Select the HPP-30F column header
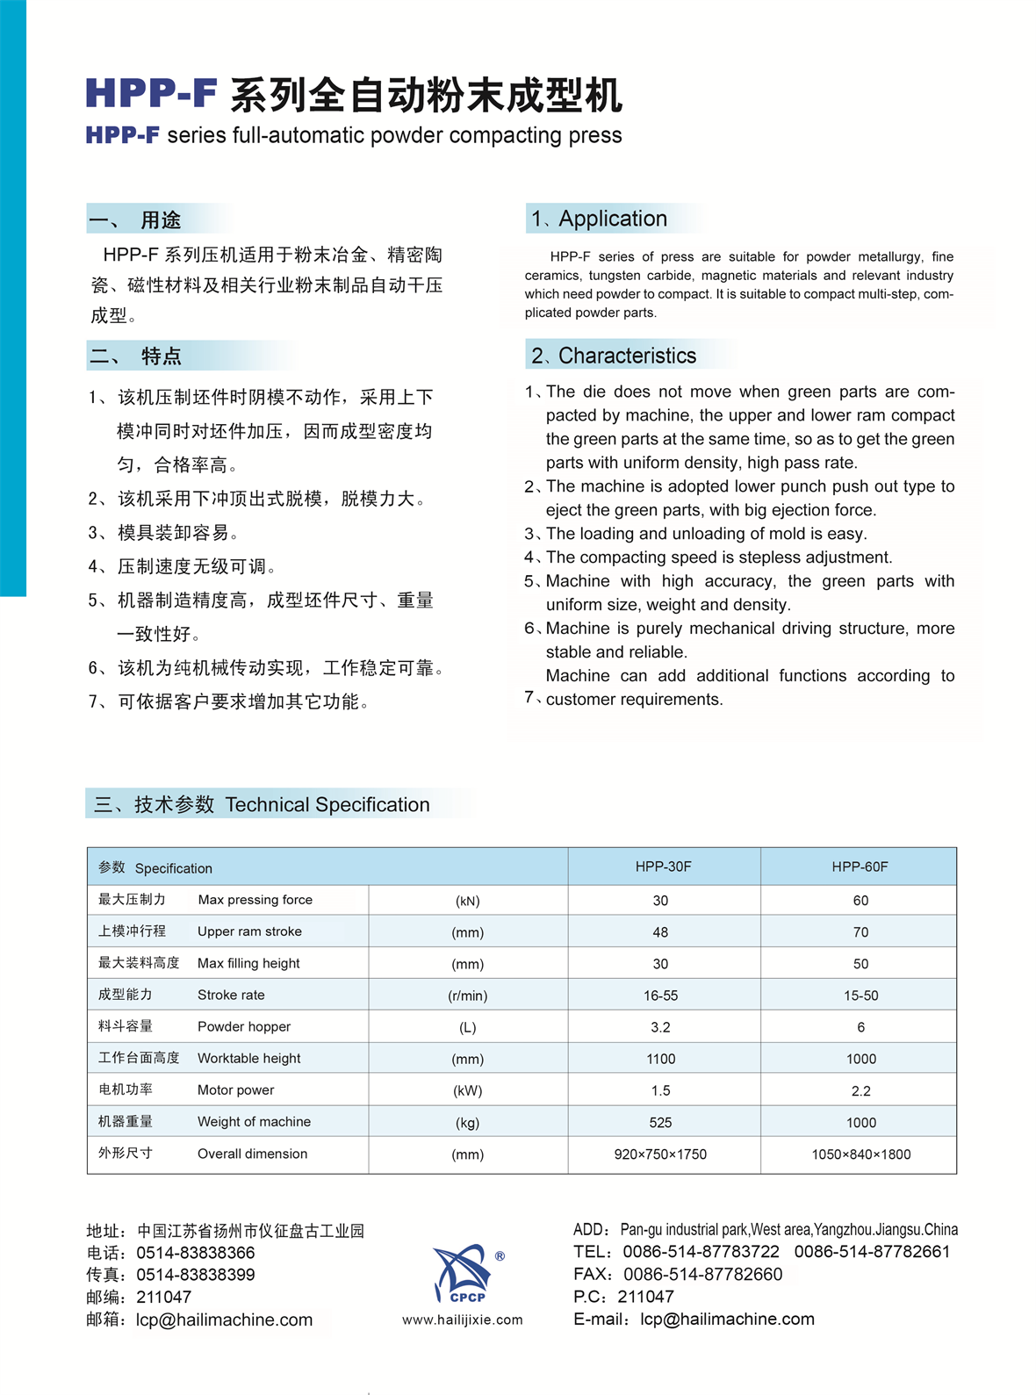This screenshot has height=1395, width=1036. coord(663,866)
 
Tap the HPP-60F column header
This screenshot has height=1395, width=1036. coord(860,866)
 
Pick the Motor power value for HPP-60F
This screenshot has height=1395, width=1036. coord(860,1090)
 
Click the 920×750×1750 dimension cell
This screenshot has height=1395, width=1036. coord(660,1154)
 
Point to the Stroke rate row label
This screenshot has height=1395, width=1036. coord(231,995)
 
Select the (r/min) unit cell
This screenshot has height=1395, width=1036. coord(467,996)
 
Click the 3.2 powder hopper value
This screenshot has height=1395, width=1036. coord(660,1027)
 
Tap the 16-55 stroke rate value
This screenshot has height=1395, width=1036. coord(660,996)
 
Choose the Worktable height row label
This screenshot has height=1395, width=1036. coord(248,1059)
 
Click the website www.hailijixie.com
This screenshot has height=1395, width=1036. coord(462,1319)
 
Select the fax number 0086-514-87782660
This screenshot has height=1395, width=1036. coord(702,1274)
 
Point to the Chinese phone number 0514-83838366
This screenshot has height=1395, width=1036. coord(195,1253)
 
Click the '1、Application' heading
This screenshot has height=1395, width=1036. coord(600,219)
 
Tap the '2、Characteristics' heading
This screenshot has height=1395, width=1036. coord(614,356)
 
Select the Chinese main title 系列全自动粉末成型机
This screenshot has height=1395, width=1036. coord(426,95)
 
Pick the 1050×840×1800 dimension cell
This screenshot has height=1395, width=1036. coord(860,1154)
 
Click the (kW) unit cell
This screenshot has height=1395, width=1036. coord(467,1091)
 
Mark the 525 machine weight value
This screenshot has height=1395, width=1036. coord(660,1123)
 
